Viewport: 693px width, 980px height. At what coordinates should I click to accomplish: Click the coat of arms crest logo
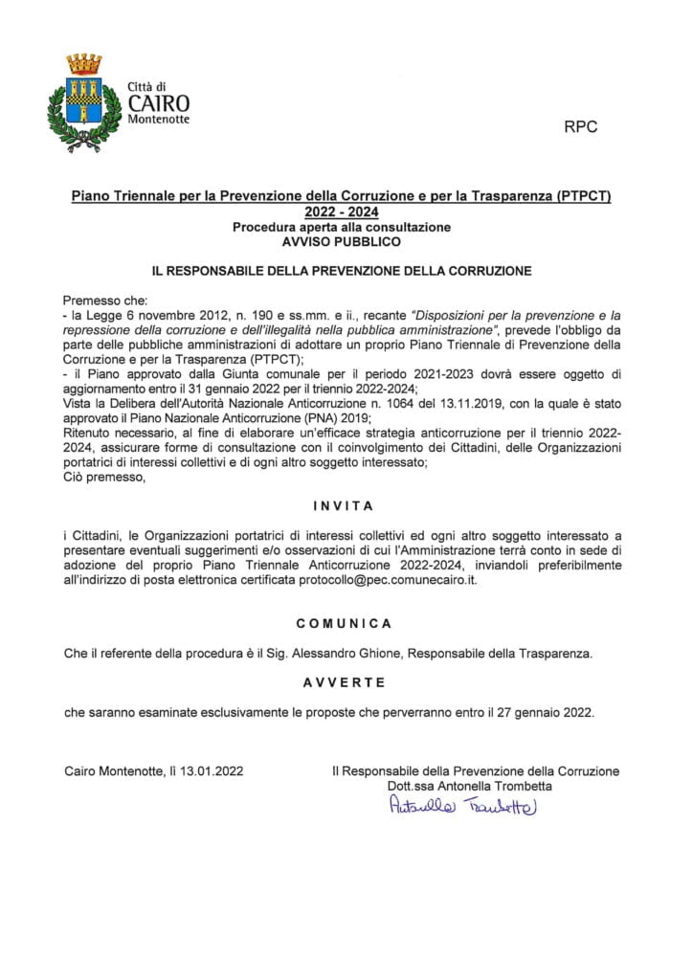(x=83, y=103)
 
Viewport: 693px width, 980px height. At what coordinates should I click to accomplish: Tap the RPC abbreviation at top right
(x=581, y=128)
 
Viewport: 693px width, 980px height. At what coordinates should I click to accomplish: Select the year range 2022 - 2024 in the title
(x=341, y=212)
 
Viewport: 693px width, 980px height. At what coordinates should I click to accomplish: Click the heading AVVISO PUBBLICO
(x=341, y=243)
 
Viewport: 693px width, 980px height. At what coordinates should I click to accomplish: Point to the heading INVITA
(x=342, y=505)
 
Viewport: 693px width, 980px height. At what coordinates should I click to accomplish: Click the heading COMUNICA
(x=344, y=623)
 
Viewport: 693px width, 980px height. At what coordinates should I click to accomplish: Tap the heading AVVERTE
(x=344, y=682)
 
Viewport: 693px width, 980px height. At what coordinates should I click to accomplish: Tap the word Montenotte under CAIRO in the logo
(x=158, y=120)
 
